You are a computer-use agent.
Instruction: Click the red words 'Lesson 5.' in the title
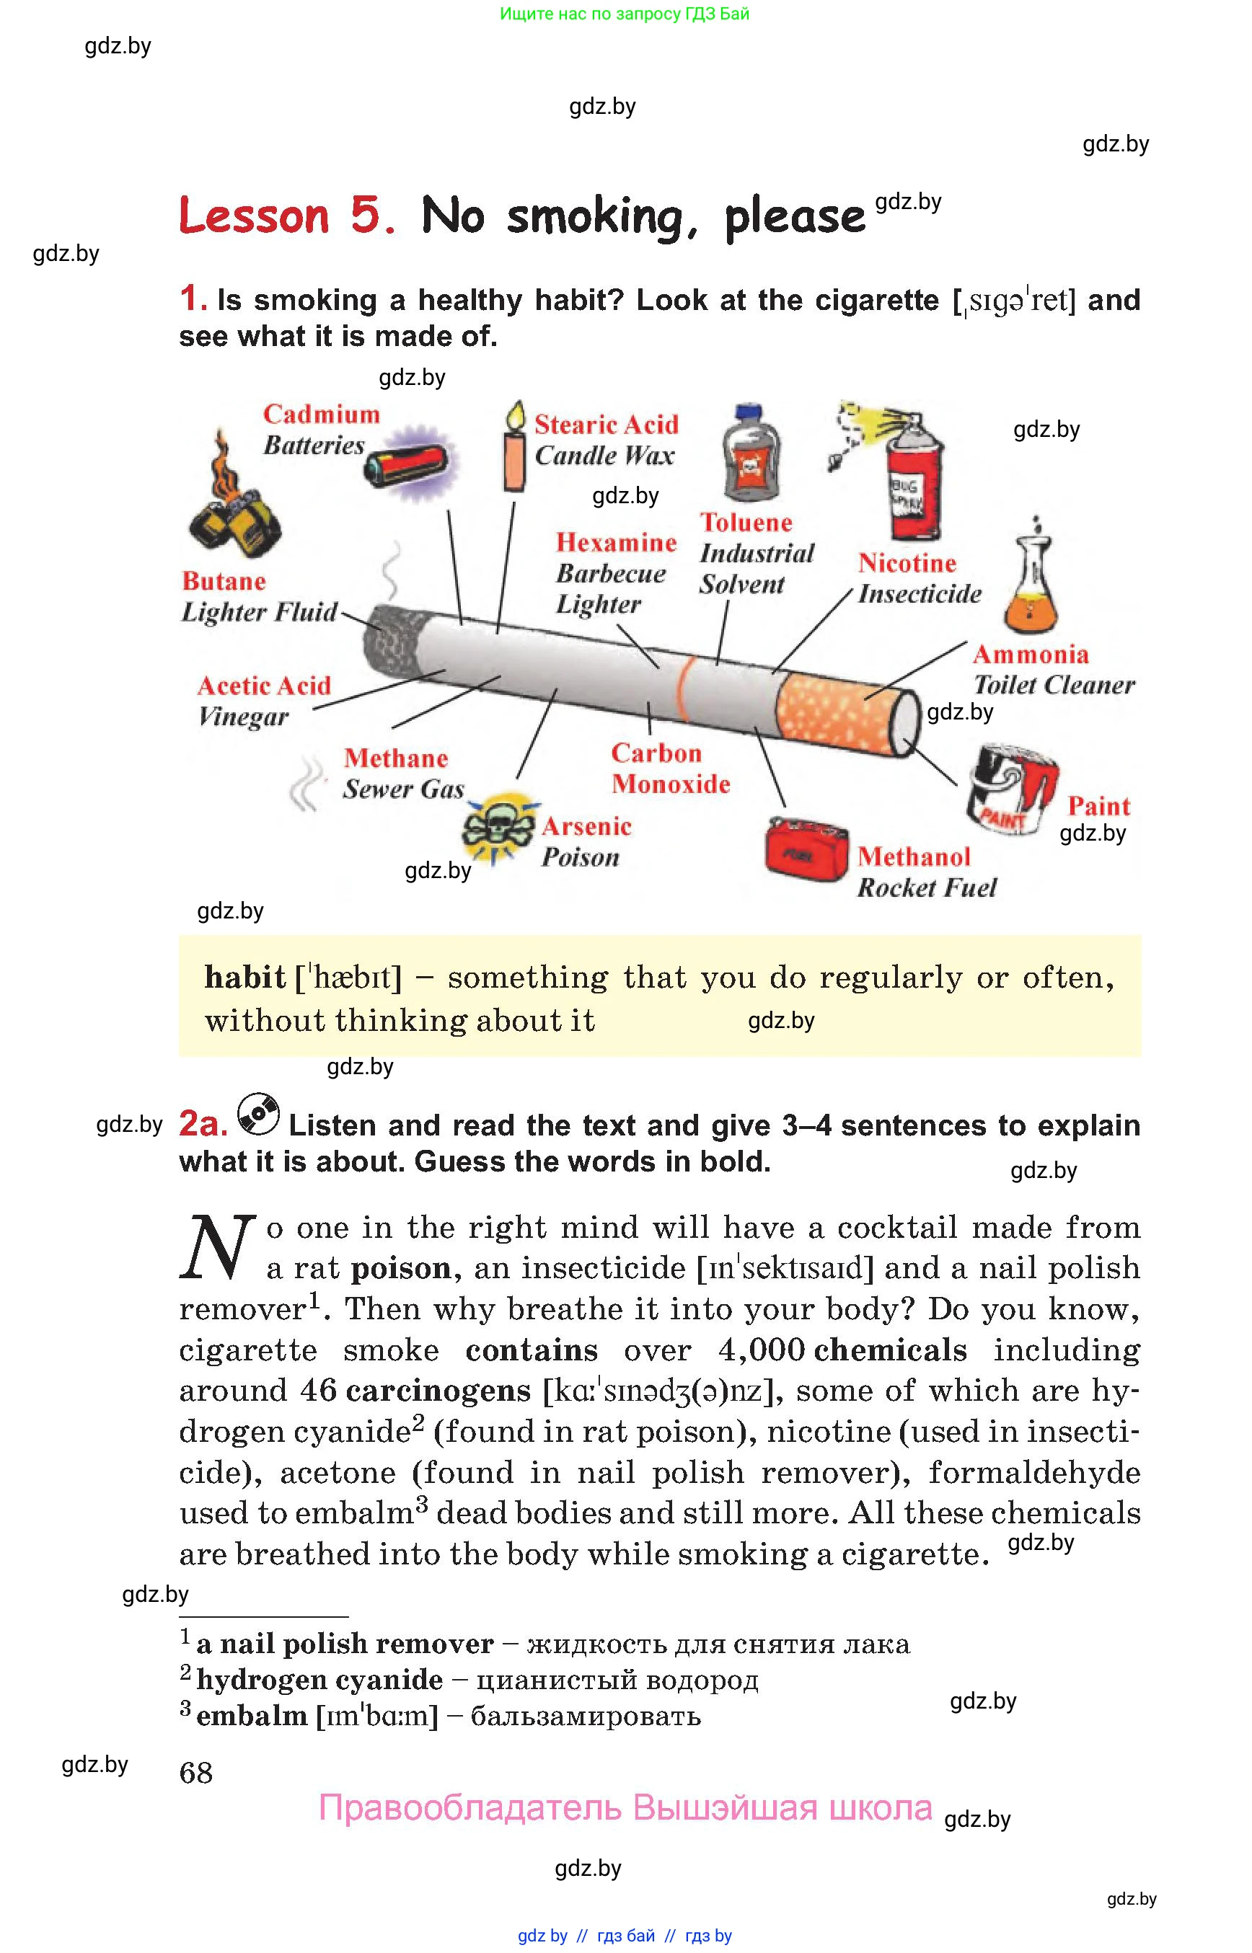(x=286, y=217)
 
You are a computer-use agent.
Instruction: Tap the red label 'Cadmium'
(x=321, y=415)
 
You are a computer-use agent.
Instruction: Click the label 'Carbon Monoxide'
(x=670, y=768)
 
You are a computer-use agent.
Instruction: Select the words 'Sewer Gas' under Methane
(x=403, y=789)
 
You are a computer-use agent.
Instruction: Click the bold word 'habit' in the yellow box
(x=244, y=978)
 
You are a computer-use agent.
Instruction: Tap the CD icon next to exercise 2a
(x=257, y=1115)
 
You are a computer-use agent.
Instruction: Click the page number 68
(x=196, y=1773)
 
